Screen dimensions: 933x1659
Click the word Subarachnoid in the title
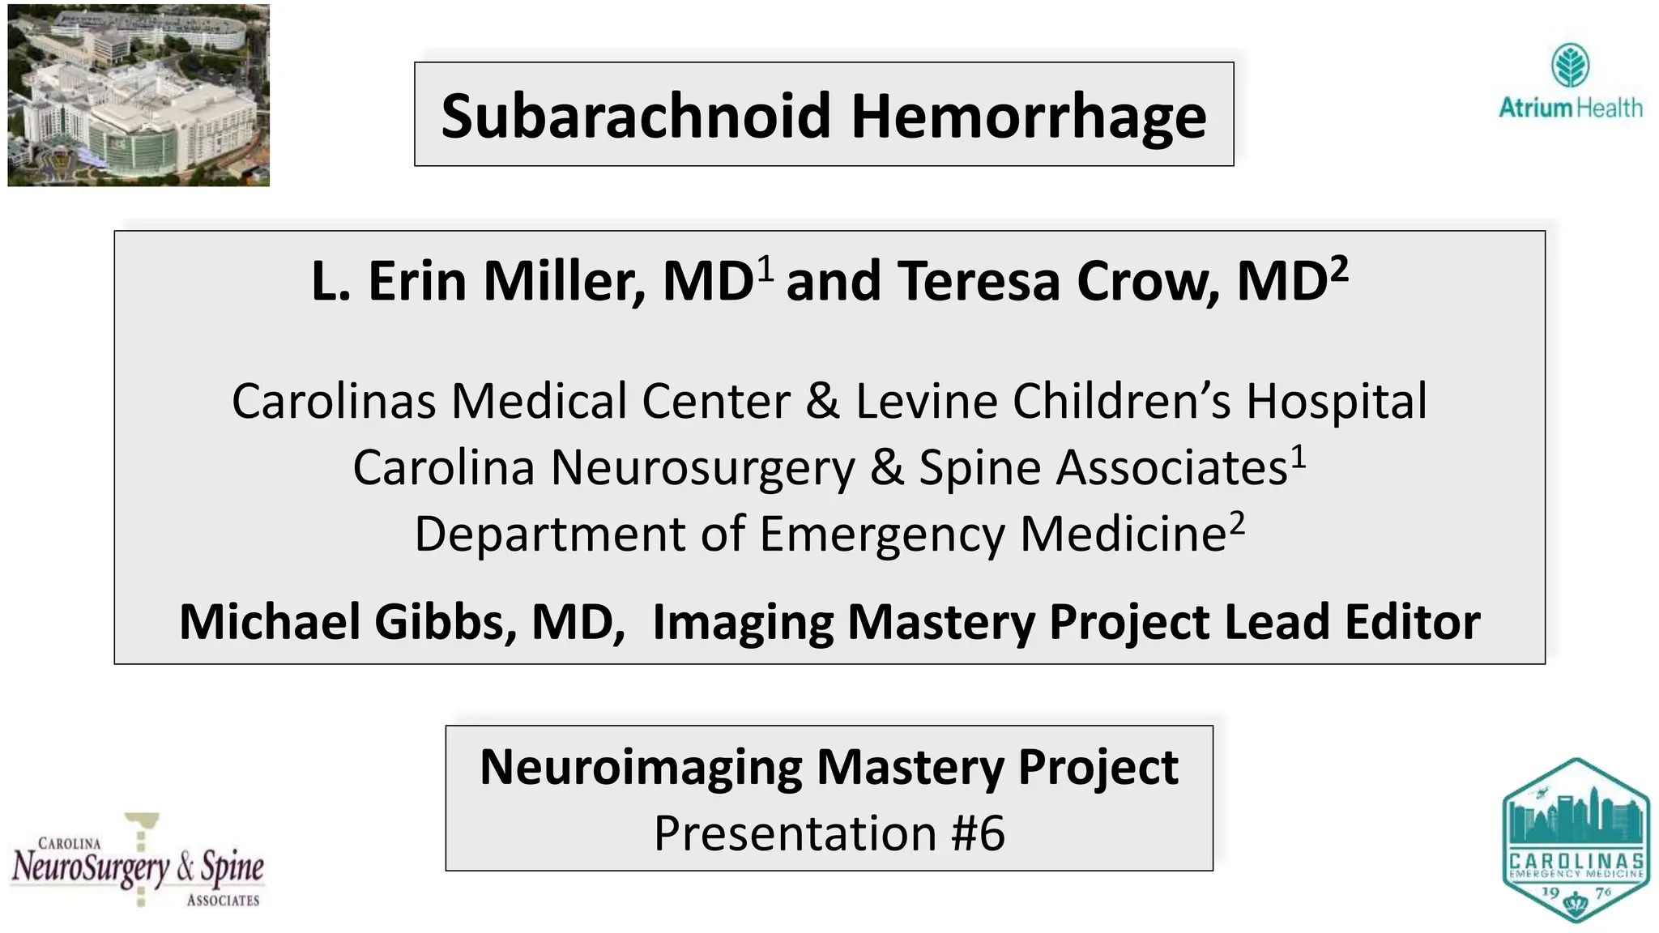point(636,116)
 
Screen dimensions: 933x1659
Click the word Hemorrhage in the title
point(1029,116)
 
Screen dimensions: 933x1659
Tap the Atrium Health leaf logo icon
point(1570,65)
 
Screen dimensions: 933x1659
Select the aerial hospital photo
point(139,95)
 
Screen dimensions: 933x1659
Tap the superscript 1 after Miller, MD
point(766,268)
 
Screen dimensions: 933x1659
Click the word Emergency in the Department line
point(881,535)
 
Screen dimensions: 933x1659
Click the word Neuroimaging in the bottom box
point(641,766)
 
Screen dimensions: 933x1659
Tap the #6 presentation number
point(979,833)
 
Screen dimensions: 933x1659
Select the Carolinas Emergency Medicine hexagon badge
point(1576,840)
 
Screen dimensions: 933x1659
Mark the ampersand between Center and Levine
point(822,401)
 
